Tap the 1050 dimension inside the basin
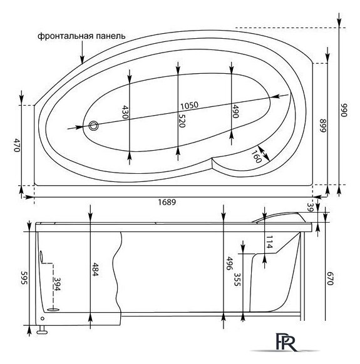[x=190, y=105]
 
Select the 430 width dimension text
[x=125, y=113]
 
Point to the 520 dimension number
[x=182, y=121]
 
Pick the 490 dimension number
[x=237, y=111]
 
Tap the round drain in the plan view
[x=95, y=125]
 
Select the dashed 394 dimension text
[x=58, y=285]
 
